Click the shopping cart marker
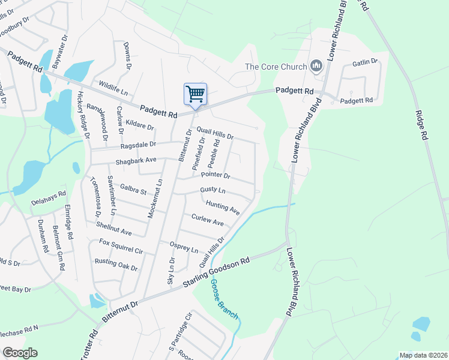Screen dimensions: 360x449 click(195, 94)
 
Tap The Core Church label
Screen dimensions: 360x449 click(276, 66)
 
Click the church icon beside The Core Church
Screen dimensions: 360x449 click(317, 66)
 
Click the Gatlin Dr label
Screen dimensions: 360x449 click(364, 62)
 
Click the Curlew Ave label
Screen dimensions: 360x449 click(207, 220)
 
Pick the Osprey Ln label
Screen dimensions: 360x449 click(185, 247)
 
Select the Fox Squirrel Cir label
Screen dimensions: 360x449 click(121, 246)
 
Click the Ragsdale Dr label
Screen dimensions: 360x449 click(138, 145)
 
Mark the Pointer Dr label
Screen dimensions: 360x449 click(215, 175)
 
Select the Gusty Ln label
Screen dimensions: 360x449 click(212, 190)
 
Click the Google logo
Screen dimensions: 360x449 click(19, 353)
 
